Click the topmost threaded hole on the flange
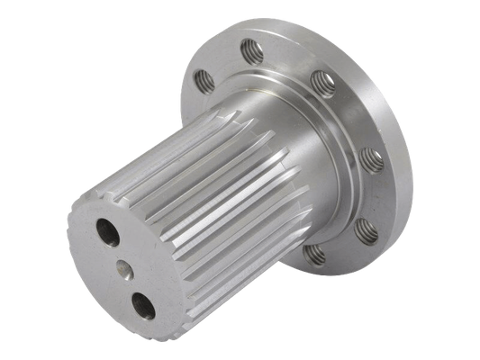click(x=255, y=51)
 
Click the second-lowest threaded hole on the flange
click(x=363, y=232)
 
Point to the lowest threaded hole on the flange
click(x=312, y=255)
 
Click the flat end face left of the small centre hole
click(x=95, y=270)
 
